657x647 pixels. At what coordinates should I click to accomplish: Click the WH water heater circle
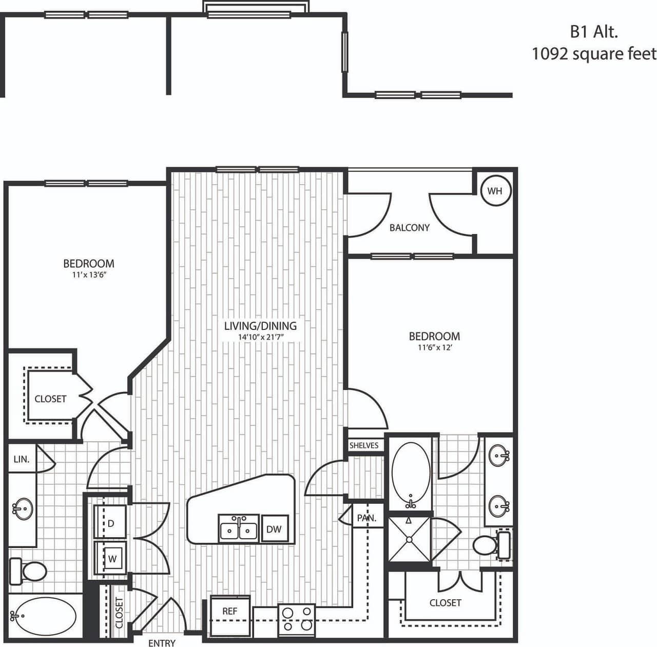495,191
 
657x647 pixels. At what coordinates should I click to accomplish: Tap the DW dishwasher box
274,529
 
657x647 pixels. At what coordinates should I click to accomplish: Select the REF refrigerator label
229,612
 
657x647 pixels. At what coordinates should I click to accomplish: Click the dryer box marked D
110,523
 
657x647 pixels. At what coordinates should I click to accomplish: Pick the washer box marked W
111,559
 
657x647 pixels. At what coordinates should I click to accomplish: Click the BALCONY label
409,228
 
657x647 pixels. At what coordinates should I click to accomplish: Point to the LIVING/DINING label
260,326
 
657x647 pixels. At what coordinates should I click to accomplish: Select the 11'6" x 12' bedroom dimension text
434,348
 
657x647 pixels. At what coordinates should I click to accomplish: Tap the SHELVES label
363,445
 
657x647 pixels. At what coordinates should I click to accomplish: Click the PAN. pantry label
366,518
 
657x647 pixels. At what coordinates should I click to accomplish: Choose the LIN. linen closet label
21,459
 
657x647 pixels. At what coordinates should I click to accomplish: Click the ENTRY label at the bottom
162,643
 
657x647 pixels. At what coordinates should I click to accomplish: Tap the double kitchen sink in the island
239,530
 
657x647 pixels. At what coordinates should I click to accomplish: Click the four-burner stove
296,618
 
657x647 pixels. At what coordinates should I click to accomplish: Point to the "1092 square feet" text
594,53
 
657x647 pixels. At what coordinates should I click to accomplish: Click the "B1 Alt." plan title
593,32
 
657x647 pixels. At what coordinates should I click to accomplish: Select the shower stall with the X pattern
409,539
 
